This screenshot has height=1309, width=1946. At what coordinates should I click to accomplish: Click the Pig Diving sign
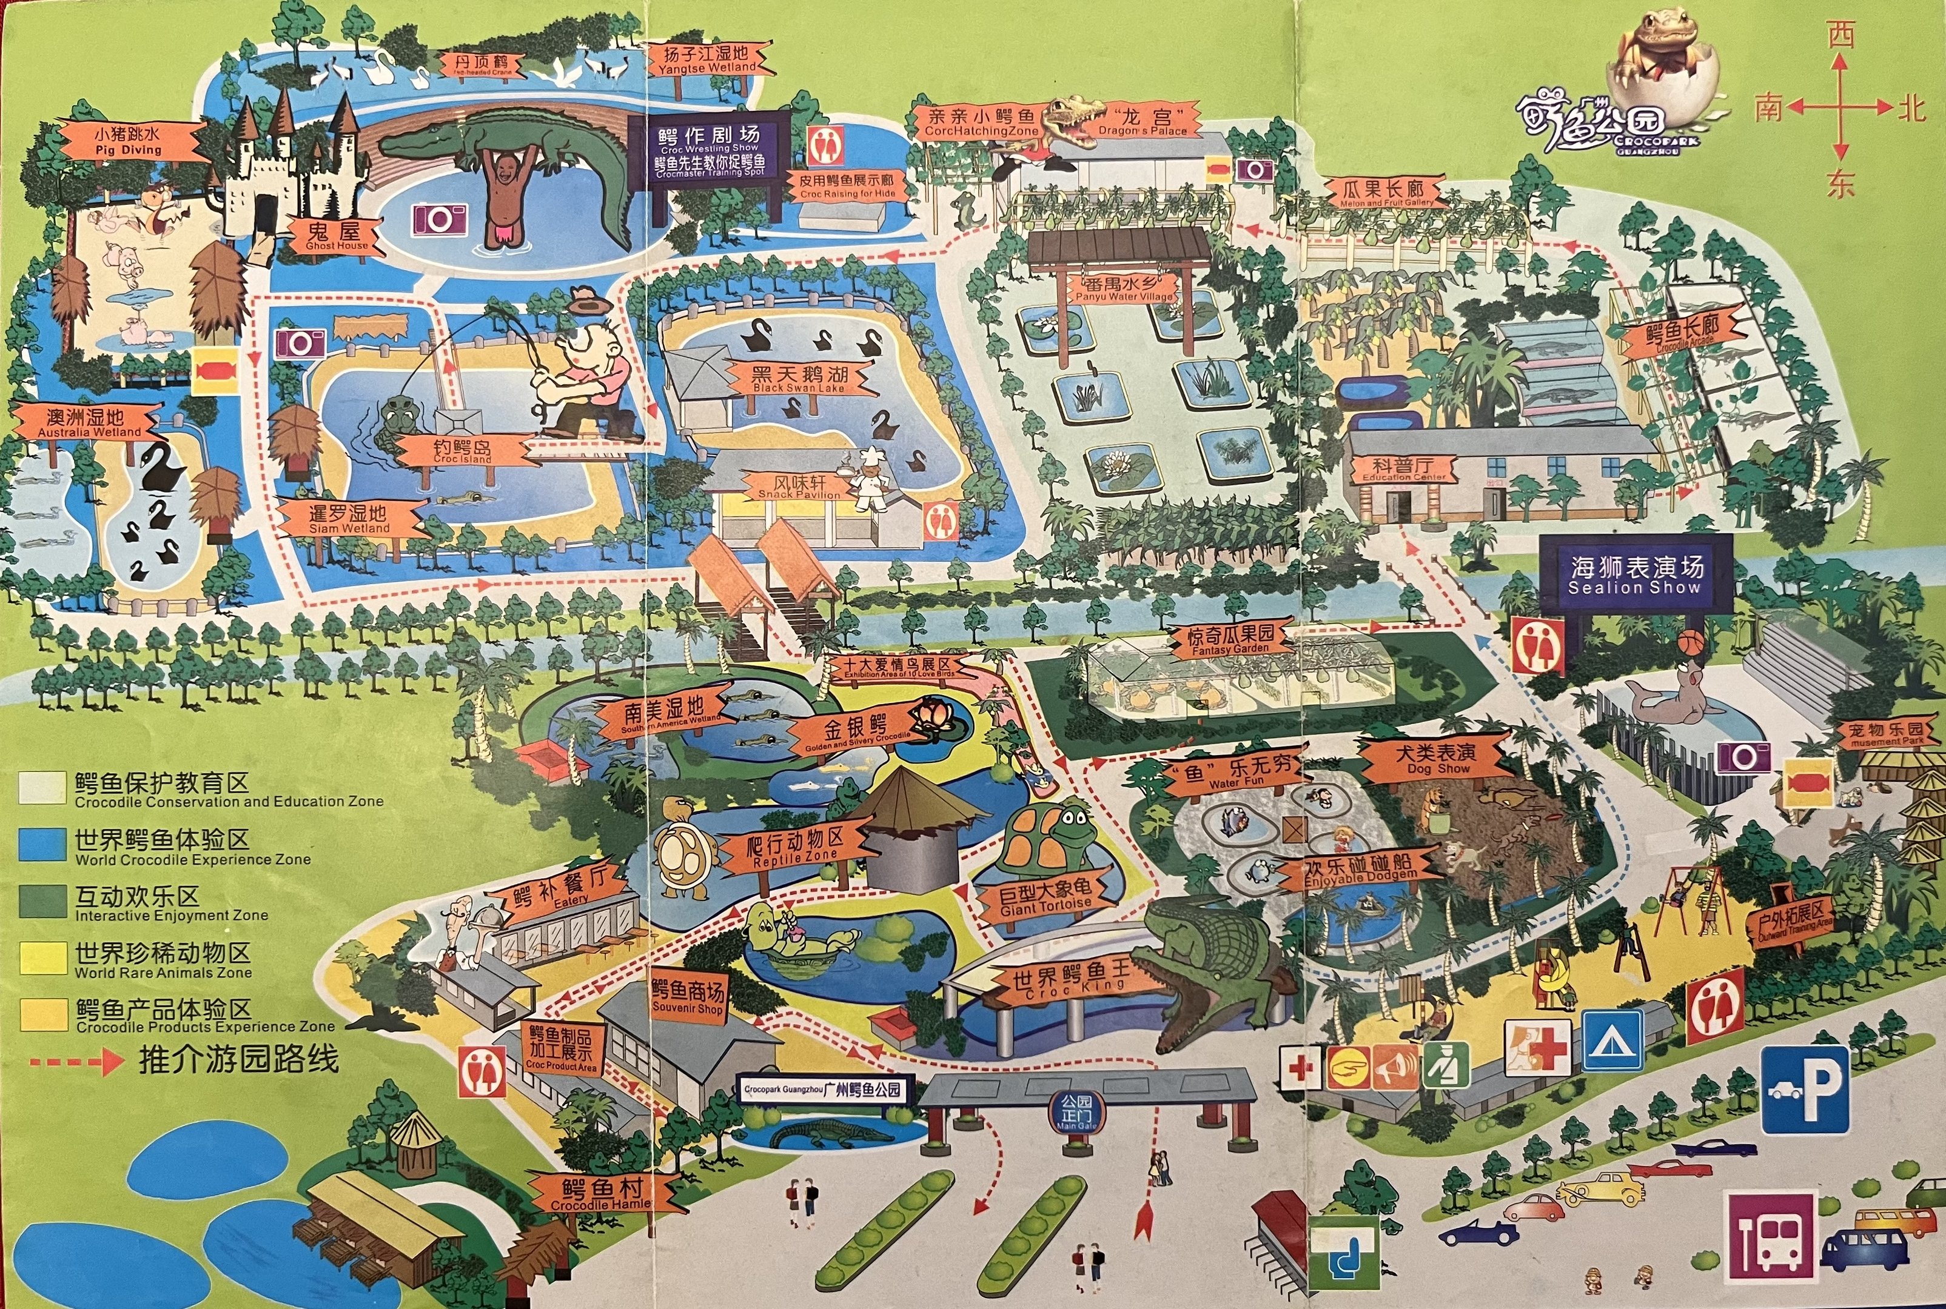pos(129,141)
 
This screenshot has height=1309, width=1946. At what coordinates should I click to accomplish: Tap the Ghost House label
pos(335,236)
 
